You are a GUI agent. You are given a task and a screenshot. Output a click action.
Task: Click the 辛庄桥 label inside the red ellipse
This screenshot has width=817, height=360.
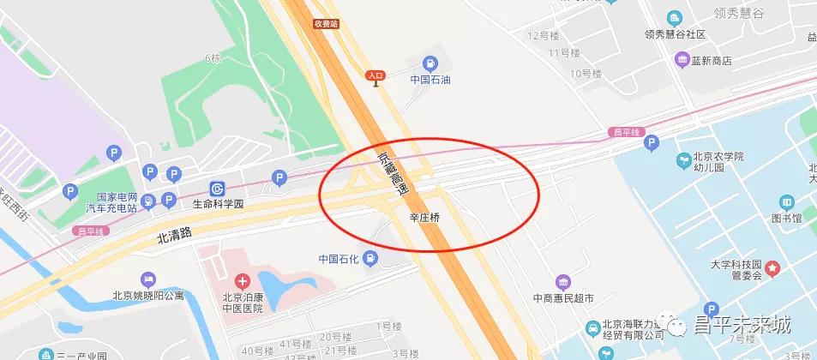coord(424,219)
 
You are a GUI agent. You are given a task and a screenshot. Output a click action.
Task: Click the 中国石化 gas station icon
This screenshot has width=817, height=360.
coord(369,257)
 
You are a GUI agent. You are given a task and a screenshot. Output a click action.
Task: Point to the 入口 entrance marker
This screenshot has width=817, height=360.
coord(375,75)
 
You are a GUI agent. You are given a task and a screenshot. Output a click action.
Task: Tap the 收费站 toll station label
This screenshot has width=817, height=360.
coord(327,23)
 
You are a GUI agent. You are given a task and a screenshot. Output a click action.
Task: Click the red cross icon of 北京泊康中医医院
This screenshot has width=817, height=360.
coord(243,280)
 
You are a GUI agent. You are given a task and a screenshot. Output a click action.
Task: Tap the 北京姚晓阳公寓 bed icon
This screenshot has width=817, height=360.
coord(148,279)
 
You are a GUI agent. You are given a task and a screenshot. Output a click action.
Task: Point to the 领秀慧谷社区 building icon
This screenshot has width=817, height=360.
coord(674,18)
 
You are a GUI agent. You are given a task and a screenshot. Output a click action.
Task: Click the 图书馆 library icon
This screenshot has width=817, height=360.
coord(785,202)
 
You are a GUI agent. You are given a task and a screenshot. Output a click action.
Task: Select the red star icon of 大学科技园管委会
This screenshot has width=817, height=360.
coord(772,268)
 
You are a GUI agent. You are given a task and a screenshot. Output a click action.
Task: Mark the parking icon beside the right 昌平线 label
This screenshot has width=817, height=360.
coord(651,143)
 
